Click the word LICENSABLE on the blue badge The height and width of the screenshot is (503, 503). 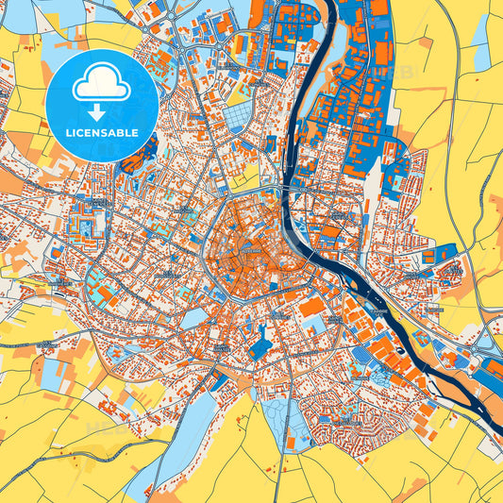click(x=102, y=132)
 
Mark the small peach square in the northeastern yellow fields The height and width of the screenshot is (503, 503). click(x=426, y=42)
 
